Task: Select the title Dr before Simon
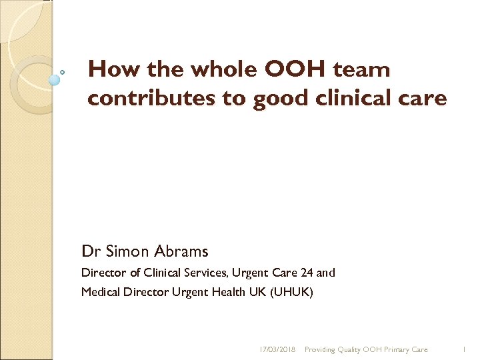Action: pyautogui.click(x=89, y=251)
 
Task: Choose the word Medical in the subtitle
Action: pyautogui.click(x=100, y=291)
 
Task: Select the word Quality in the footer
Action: pyautogui.click(x=347, y=349)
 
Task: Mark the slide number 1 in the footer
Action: pyautogui.click(x=465, y=349)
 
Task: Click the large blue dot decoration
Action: pyautogui.click(x=55, y=79)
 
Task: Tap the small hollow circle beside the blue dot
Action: pyautogui.click(x=63, y=71)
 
